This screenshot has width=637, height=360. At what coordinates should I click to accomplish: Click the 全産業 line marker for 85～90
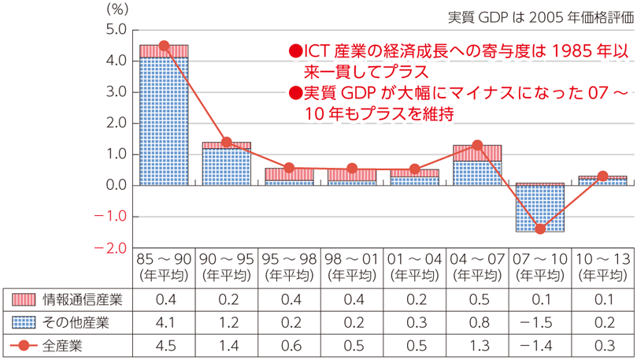point(164,46)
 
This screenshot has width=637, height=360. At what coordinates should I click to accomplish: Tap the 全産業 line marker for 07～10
point(540,229)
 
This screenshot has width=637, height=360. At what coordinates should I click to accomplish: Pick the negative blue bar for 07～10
point(540,209)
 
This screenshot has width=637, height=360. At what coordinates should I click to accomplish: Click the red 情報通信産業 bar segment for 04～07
point(477,153)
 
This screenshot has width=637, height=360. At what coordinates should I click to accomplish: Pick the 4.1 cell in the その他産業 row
point(164,321)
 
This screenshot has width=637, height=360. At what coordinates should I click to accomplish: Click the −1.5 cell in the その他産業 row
point(540,321)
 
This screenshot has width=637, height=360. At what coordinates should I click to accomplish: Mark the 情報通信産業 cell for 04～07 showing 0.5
point(477,299)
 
